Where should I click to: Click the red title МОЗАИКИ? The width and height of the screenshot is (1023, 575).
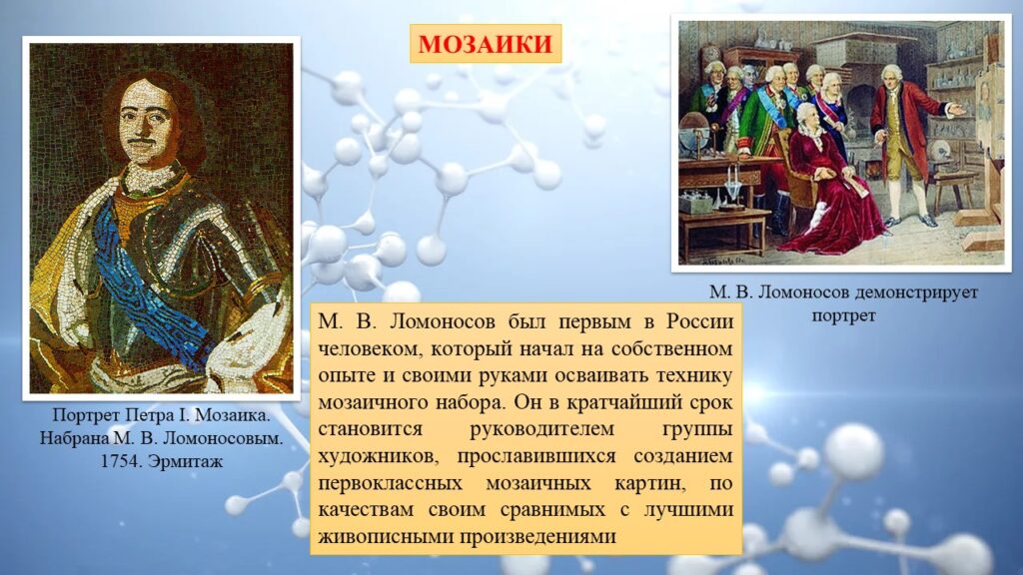click(x=486, y=44)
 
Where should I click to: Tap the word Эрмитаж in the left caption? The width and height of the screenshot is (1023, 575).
click(x=185, y=461)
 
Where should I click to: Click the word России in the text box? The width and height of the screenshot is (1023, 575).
click(x=700, y=322)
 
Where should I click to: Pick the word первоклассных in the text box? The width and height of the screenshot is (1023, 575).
click(x=391, y=484)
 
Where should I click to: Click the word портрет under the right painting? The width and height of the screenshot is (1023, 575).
click(x=843, y=316)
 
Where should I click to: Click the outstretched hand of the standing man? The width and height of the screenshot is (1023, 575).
click(x=957, y=110)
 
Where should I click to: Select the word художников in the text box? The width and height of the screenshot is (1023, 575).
click(x=379, y=457)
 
